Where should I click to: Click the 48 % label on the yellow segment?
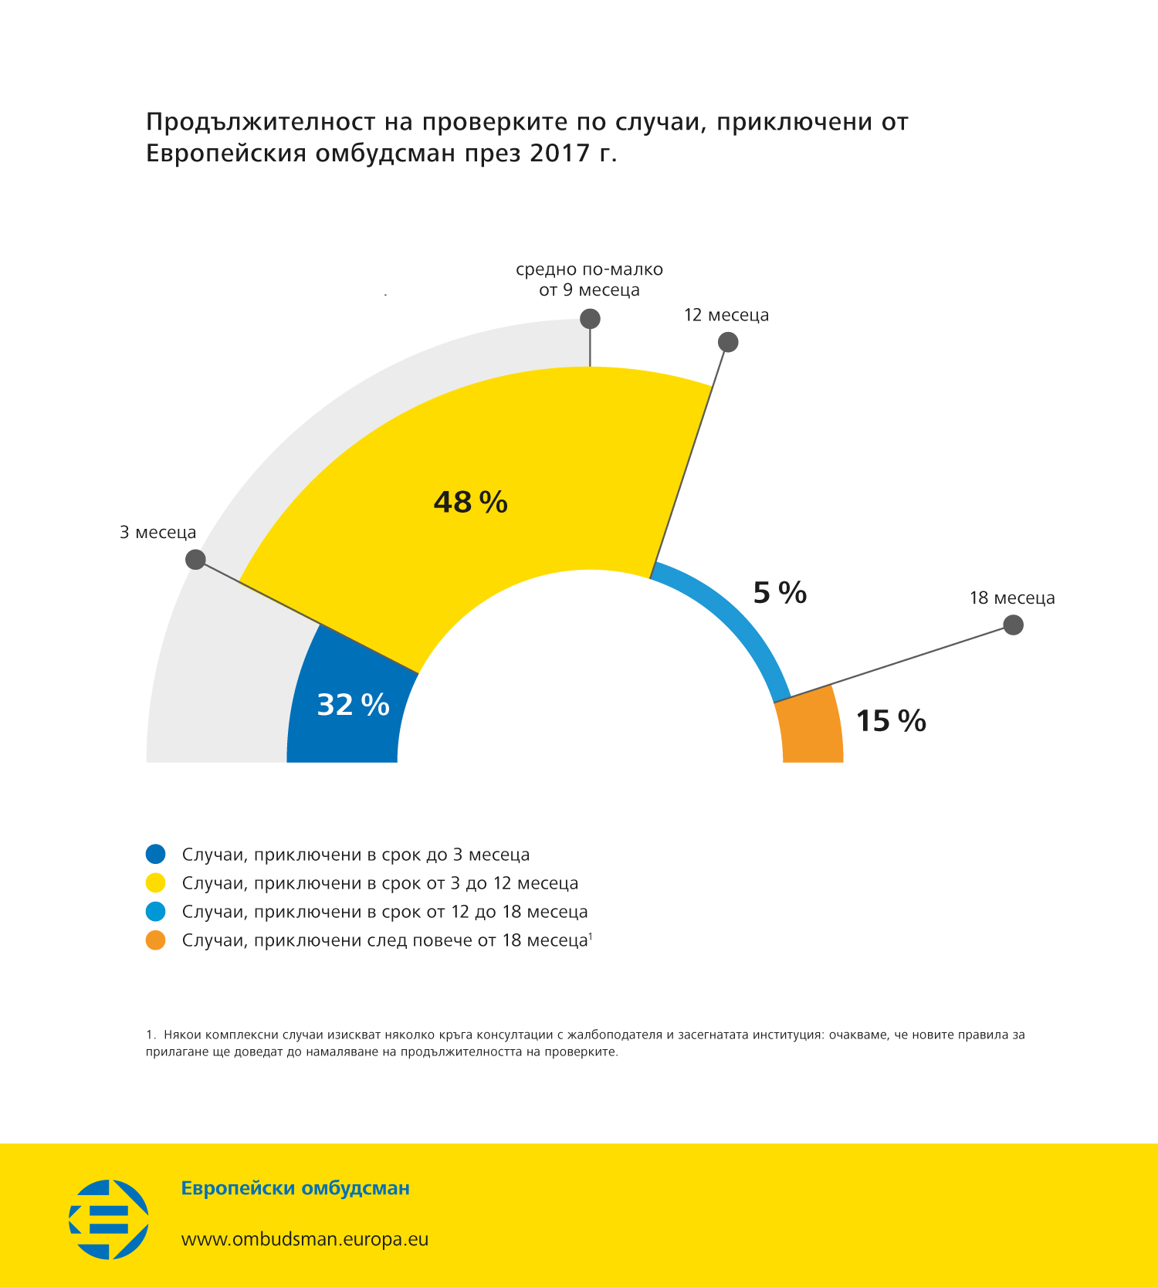[470, 503]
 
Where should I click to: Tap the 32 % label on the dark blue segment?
[353, 705]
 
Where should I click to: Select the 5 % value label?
[780, 593]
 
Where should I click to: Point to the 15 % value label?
[891, 721]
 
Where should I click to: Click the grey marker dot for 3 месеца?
[196, 559]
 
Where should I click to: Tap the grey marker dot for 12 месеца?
[728, 341]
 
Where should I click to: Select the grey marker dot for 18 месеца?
[1013, 625]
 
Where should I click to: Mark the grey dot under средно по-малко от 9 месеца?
[590, 318]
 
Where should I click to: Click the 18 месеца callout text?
[1011, 598]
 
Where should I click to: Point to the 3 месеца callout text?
[157, 533]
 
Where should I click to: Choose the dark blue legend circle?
[156, 854]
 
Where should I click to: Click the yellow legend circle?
[156, 882]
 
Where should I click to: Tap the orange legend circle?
[156, 940]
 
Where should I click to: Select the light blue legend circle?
[156, 912]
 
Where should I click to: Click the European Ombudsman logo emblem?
[109, 1219]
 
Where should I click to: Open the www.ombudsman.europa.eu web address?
[305, 1239]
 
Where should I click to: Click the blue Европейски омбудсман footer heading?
[295, 1188]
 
